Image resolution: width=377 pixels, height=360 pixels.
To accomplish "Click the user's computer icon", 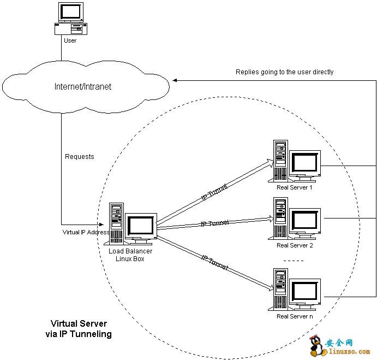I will tap(70, 19).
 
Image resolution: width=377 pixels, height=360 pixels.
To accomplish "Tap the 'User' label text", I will tap(70, 40).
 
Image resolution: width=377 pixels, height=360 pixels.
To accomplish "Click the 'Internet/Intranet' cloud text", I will tap(83, 87).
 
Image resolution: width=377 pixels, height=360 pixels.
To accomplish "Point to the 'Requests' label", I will tap(80, 157).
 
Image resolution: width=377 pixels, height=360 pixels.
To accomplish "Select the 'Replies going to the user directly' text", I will tap(284, 72).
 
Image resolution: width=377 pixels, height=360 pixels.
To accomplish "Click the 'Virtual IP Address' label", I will tap(86, 232).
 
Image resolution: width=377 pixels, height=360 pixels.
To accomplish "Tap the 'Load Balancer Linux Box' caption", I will tap(130, 255).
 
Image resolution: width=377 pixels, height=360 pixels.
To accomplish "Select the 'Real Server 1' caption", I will tap(295, 187).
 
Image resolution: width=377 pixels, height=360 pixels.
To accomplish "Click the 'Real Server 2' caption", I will tap(295, 245).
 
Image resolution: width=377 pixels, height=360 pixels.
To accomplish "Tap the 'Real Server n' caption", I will tap(295, 316).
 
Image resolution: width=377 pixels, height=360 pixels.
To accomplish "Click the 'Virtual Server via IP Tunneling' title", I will tap(79, 328).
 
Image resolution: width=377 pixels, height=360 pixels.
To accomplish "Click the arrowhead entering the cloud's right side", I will tap(176, 80).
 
